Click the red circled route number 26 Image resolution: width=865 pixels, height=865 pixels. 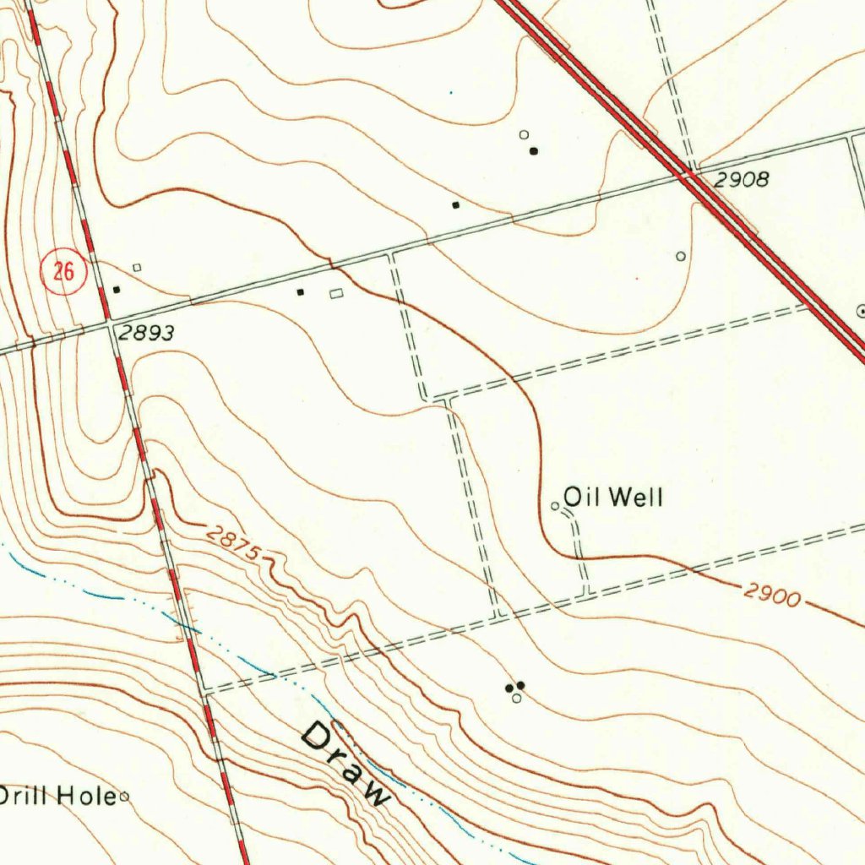click(63, 272)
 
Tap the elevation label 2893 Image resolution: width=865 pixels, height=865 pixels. click(146, 334)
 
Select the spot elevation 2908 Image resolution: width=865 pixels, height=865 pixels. click(741, 179)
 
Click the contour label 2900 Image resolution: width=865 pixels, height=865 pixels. click(772, 596)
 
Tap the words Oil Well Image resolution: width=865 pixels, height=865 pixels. click(612, 497)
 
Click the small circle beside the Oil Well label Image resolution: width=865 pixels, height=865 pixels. click(555, 506)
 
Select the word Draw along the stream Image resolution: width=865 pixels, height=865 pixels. click(346, 763)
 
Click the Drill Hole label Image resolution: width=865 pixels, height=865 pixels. click(56, 795)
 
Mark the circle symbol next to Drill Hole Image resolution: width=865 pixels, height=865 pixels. click(124, 796)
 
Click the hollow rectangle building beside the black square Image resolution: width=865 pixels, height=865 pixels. click(336, 293)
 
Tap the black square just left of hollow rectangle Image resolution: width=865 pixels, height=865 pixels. click(300, 292)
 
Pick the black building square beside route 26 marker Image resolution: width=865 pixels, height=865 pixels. click(117, 290)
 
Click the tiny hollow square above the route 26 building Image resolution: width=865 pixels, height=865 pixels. click(137, 268)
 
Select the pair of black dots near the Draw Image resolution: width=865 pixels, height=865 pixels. click(514, 687)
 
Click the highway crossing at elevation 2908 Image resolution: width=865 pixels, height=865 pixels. click(688, 174)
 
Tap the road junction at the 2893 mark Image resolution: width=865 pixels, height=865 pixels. click(111, 322)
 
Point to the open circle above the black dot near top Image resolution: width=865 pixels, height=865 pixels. click(523, 134)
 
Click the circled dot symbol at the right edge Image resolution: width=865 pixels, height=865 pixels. click(861, 311)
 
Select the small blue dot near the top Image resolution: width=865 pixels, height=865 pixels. click(450, 92)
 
